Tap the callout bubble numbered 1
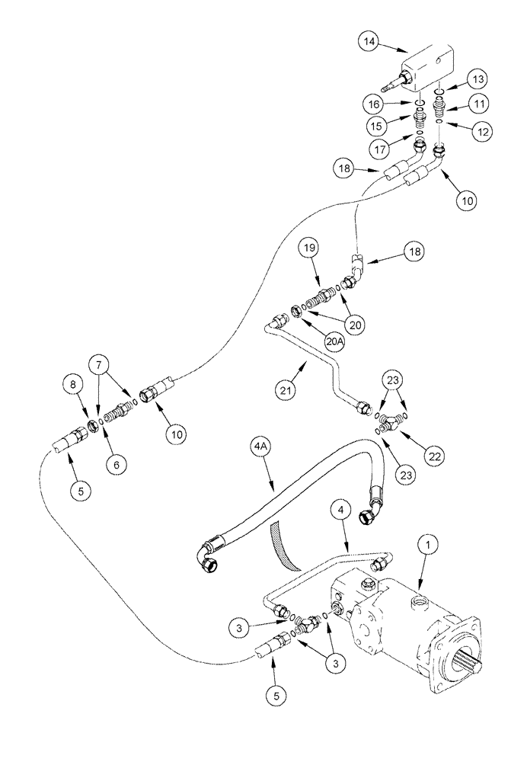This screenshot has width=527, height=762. [x=430, y=544]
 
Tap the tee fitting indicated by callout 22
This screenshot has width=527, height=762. [x=392, y=418]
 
